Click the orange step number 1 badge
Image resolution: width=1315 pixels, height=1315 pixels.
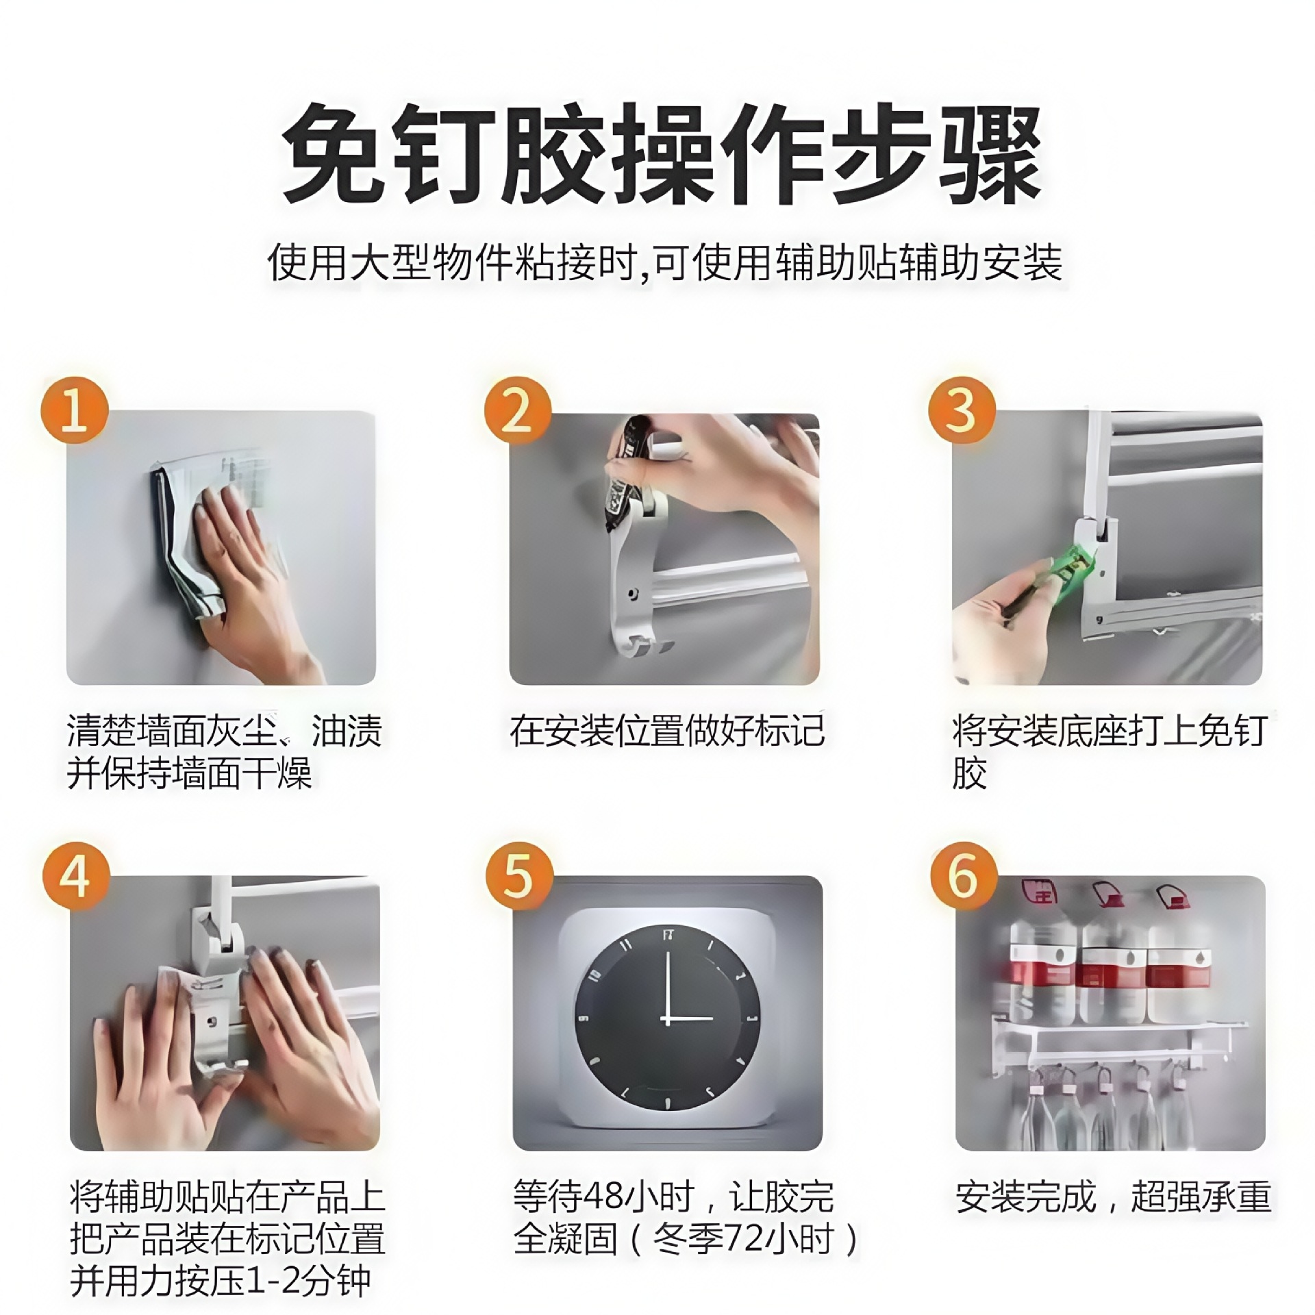tap(75, 410)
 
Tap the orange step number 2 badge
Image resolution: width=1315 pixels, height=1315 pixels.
tap(518, 410)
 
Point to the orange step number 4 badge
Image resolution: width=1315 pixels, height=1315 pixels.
tap(75, 876)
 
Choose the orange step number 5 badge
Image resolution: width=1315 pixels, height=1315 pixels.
tap(518, 876)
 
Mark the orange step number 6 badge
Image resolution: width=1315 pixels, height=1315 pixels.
tap(963, 876)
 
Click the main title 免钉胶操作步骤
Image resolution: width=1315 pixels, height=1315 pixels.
tap(662, 154)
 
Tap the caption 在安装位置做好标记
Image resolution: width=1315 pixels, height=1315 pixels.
tap(666, 731)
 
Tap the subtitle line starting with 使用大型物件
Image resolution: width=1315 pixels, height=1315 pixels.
tap(664, 263)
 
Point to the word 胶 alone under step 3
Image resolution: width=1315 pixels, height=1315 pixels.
tap(969, 773)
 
